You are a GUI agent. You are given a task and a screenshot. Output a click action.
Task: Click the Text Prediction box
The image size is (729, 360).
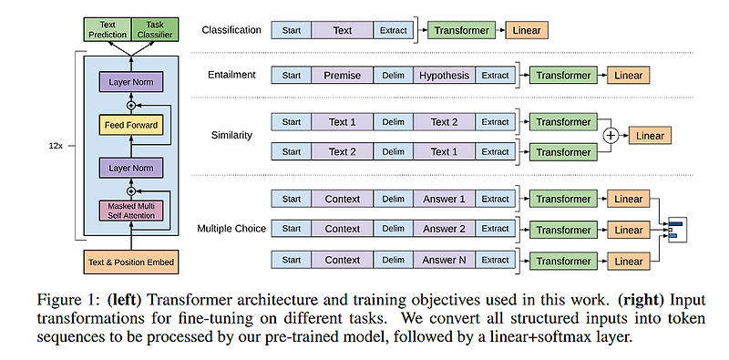coord(108,30)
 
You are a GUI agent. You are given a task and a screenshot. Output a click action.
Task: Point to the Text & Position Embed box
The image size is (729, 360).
coord(129,262)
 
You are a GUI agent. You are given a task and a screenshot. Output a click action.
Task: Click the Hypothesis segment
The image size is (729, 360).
coord(445,76)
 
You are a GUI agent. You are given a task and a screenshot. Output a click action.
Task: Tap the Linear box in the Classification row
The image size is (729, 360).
coord(526,30)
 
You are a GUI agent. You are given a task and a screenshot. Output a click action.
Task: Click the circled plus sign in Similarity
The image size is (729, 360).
coord(611,135)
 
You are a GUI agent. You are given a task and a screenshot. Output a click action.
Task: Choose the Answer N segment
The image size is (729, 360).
coord(445,260)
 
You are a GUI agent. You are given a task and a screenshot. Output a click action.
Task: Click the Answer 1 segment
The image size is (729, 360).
coord(445,199)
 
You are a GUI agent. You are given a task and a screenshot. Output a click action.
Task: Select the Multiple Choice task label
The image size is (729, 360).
coord(232,229)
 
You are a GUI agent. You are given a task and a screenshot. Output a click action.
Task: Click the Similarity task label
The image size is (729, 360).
coord(232,135)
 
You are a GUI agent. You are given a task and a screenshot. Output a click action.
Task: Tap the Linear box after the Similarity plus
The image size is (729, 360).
coord(650,135)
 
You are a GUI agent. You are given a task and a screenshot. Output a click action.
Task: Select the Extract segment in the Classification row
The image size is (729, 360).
coord(393,30)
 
